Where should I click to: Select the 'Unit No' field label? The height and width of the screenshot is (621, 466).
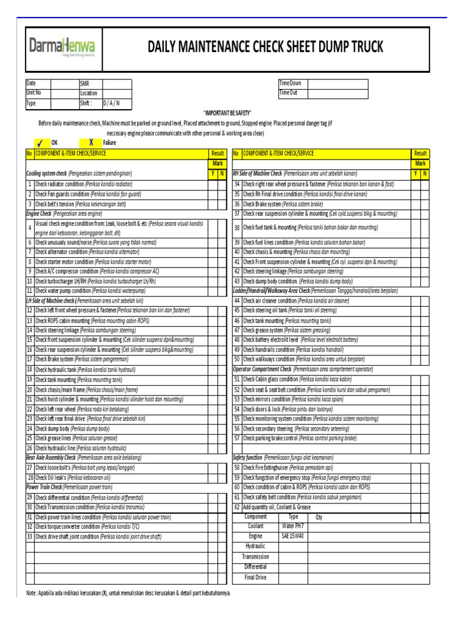(34, 93)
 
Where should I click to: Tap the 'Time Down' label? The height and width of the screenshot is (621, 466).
(290, 83)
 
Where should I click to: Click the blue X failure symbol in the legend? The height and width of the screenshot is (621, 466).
(90, 141)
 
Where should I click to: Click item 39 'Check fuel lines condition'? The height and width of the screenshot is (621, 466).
(297, 242)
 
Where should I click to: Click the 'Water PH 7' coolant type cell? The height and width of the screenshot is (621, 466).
(292, 526)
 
